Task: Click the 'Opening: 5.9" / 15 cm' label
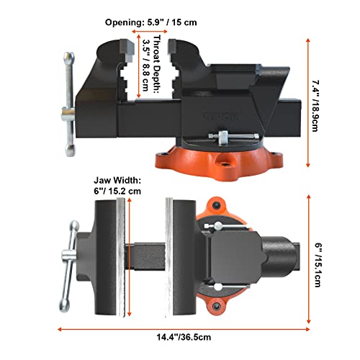151,22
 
